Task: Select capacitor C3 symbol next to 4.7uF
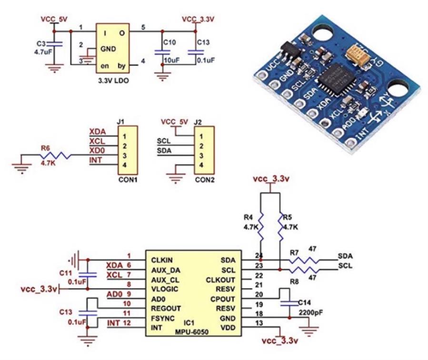tap(56, 44)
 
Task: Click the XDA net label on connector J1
tap(97, 132)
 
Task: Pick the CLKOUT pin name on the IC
tap(219, 279)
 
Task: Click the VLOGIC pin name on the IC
tap(165, 289)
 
